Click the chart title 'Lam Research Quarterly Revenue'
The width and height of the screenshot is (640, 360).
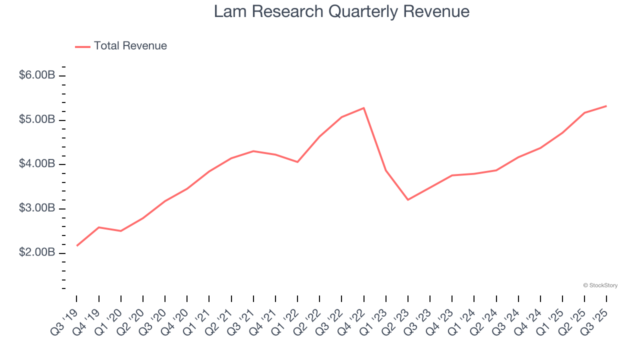coord(341,11)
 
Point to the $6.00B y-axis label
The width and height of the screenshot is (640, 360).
coord(36,75)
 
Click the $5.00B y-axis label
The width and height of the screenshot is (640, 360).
coord(36,119)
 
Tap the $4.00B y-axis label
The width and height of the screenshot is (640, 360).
coord(36,163)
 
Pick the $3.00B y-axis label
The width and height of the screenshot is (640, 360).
coord(36,208)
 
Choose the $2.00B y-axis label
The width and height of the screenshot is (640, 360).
coord(36,252)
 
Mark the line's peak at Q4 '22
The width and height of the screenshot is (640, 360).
coord(363,108)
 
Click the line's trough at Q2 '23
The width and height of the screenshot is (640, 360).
coord(408,200)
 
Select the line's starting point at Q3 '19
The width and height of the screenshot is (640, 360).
coord(76,245)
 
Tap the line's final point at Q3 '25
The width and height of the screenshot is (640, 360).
coord(606,106)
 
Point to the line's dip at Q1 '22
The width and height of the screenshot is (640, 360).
coord(297,162)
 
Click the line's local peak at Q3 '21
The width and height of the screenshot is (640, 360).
coord(253,151)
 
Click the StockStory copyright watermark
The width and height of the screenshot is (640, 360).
coord(600,285)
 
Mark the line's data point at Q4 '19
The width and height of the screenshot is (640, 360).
coord(99,227)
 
